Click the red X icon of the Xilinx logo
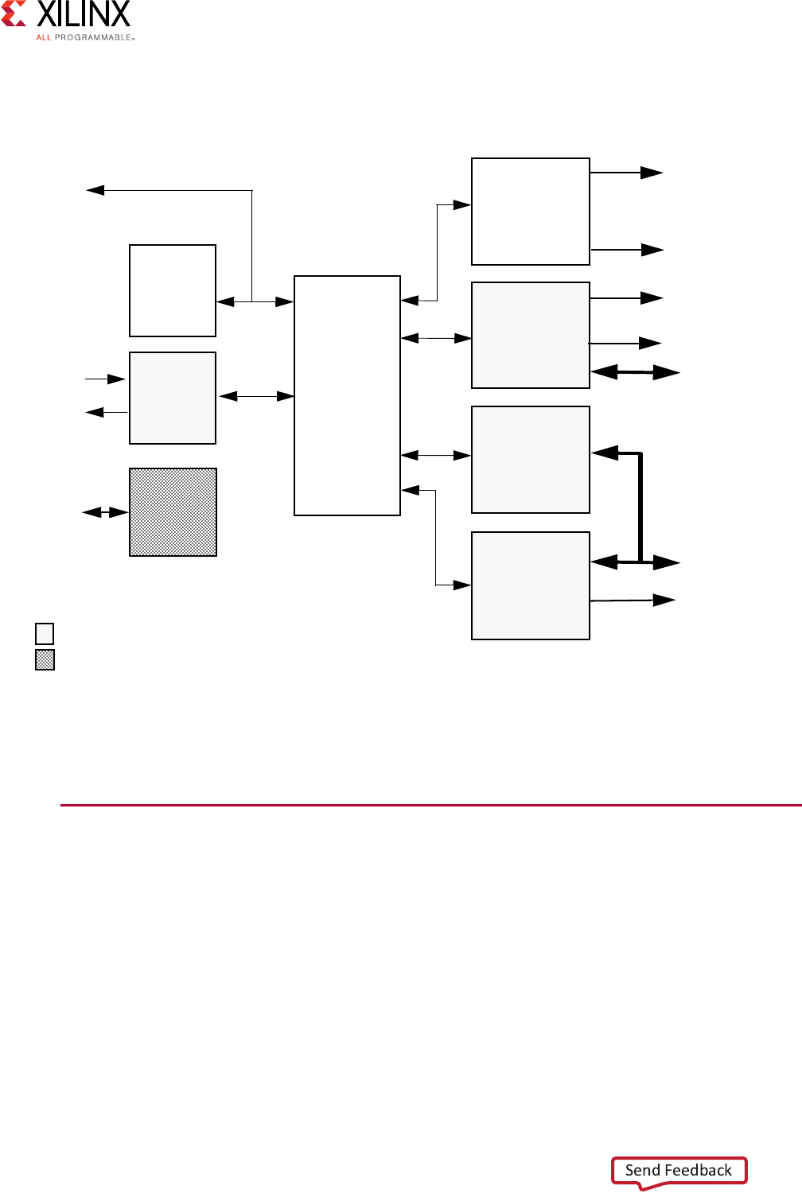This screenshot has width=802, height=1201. (14, 14)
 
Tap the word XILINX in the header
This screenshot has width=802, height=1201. (84, 14)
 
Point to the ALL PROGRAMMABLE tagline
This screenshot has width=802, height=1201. (85, 37)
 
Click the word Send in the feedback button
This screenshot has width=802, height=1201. (643, 1170)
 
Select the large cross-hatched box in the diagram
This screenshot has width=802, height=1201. (173, 512)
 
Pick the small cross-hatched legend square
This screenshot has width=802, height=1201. (45, 660)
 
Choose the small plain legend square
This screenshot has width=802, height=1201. (45, 634)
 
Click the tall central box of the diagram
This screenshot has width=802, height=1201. (347, 395)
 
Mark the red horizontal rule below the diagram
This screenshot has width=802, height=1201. (430, 805)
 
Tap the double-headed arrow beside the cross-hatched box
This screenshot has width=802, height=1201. (105, 512)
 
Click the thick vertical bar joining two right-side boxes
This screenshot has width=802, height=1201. (640, 507)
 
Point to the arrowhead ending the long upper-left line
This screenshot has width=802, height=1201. (95, 190)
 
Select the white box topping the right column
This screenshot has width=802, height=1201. (531, 212)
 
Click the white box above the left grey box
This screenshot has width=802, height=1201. (173, 290)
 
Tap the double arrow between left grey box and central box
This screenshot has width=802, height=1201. (256, 396)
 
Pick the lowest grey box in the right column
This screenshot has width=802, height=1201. (531, 585)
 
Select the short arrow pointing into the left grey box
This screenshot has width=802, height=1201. (106, 379)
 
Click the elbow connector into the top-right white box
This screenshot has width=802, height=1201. (437, 252)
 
